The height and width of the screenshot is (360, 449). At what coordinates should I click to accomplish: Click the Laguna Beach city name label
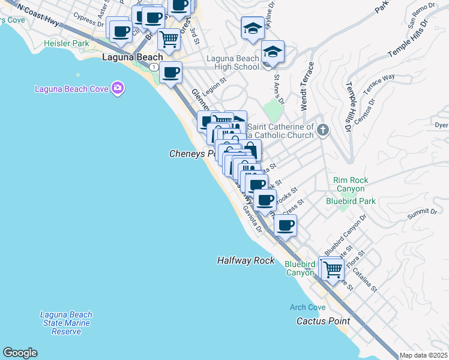(x=133, y=58)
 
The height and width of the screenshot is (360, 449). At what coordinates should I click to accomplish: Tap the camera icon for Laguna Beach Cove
(x=118, y=89)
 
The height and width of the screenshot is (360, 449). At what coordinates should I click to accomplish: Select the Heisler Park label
(x=67, y=44)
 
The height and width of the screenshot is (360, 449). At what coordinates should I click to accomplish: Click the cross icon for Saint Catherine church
(x=323, y=130)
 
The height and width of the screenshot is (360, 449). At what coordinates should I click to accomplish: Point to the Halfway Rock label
(x=246, y=260)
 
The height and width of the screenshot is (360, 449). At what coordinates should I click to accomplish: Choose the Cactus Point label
(x=323, y=321)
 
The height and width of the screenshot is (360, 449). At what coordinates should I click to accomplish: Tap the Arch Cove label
(x=307, y=307)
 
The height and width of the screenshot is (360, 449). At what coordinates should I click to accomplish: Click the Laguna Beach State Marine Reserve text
(x=66, y=323)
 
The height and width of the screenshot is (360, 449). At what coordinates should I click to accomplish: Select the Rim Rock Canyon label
(x=351, y=184)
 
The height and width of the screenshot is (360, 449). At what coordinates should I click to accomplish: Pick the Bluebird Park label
(x=351, y=201)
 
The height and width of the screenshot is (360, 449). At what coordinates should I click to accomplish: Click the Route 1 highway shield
(x=155, y=66)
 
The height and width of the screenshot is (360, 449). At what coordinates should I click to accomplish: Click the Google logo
(x=20, y=353)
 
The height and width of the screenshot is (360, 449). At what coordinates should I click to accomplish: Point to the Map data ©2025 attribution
(x=423, y=355)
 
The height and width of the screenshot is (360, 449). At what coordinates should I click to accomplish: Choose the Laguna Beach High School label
(x=232, y=62)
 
